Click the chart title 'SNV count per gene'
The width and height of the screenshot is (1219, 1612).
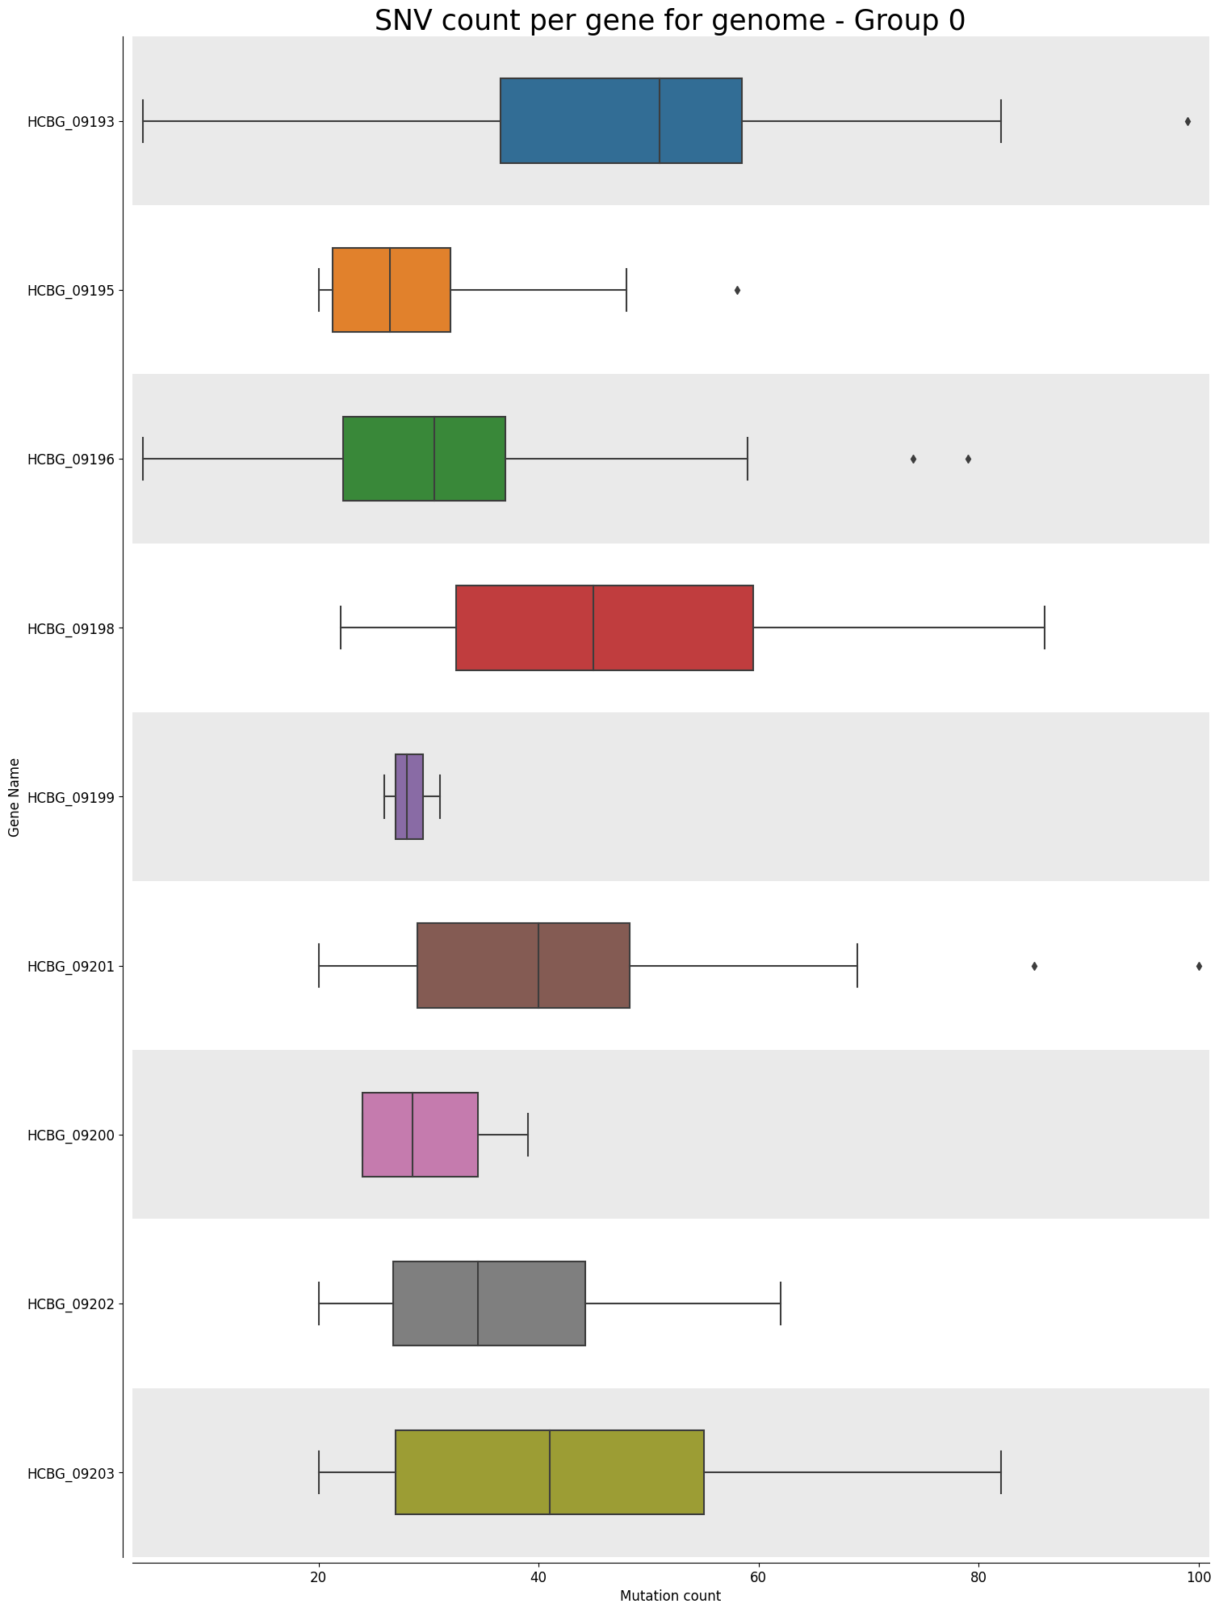click(x=669, y=19)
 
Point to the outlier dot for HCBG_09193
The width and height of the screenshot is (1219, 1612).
click(x=1188, y=122)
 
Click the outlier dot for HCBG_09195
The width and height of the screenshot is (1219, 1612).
click(x=737, y=291)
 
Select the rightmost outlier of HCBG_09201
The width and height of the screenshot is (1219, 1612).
click(x=1199, y=966)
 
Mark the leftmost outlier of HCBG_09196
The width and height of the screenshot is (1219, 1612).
click(x=913, y=460)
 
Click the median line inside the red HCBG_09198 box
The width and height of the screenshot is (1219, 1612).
click(x=593, y=628)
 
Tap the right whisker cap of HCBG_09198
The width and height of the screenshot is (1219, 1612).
click(x=1045, y=628)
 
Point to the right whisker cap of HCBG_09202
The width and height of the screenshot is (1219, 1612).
click(x=781, y=1303)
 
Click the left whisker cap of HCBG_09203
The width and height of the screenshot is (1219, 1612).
click(x=319, y=1472)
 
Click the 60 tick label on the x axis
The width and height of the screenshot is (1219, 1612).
click(x=758, y=1574)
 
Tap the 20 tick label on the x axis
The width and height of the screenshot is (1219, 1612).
click(x=319, y=1574)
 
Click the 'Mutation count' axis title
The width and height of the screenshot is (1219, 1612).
click(x=670, y=1596)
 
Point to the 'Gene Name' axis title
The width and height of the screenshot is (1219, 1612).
click(x=14, y=797)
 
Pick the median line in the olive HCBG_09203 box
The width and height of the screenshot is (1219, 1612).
click(x=550, y=1472)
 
